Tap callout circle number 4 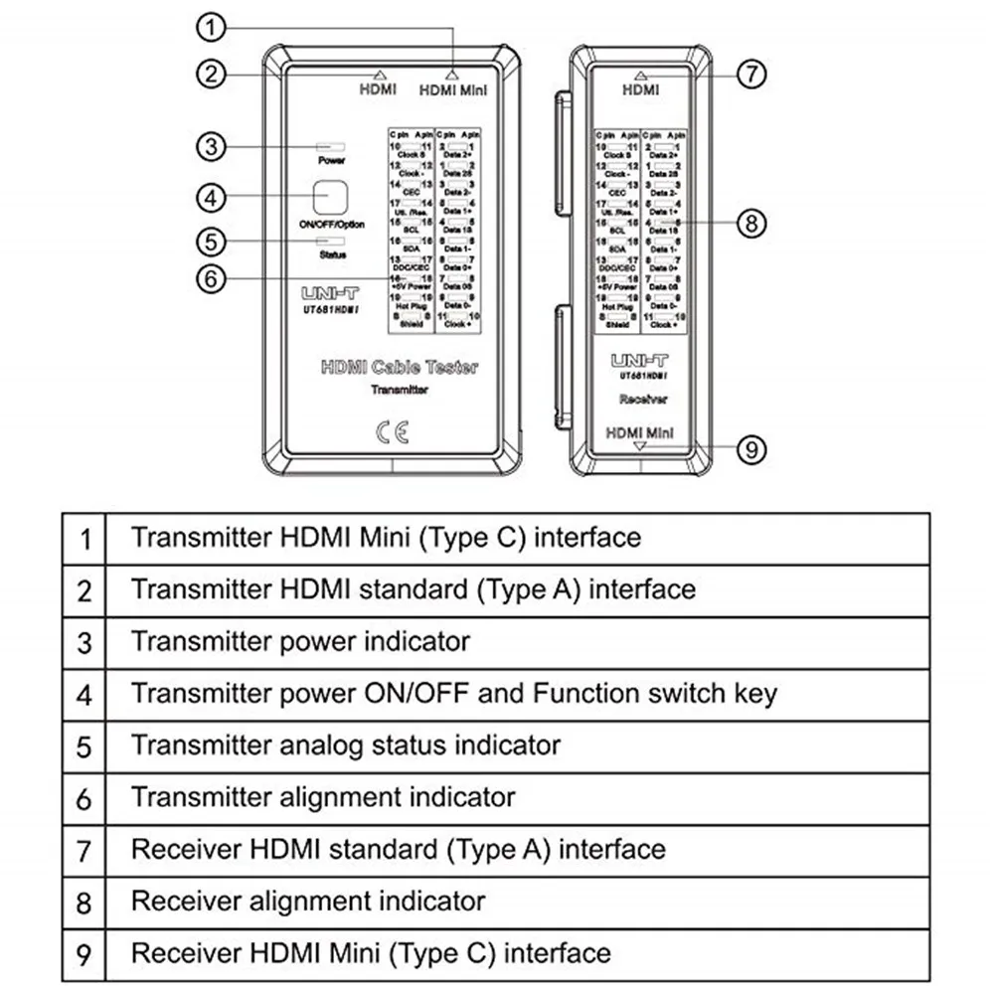[x=209, y=197]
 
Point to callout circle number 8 [x=752, y=223]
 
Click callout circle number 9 [x=752, y=449]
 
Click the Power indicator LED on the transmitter [x=331, y=146]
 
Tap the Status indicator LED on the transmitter [x=331, y=241]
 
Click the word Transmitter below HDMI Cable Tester [x=399, y=391]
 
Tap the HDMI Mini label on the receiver [x=639, y=432]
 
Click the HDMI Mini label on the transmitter [x=452, y=89]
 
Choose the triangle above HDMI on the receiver [x=639, y=75]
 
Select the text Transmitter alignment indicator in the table [x=323, y=797]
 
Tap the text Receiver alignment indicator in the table [x=308, y=902]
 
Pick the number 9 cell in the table [x=84, y=955]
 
